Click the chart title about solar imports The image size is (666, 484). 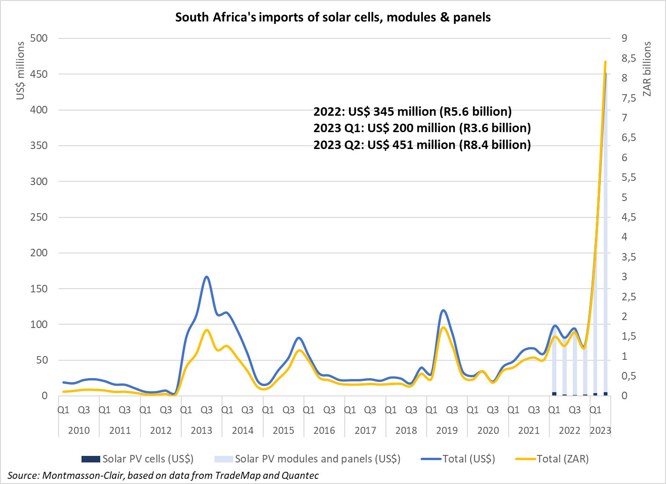pos(333,17)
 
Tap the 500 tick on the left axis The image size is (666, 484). pos(38,38)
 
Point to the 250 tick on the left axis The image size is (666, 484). pos(38,217)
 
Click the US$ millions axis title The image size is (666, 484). pos(20,70)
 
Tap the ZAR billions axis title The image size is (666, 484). pos(647,69)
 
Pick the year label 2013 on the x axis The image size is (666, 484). pos(201,431)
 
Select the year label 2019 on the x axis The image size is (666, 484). pos(447,431)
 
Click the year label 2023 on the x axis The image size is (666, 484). pos(600,431)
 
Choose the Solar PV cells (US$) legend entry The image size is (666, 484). pos(137,459)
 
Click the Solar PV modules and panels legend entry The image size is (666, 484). pos(307,459)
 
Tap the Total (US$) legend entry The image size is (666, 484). pos(458,459)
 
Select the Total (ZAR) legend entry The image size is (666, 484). pos(552,459)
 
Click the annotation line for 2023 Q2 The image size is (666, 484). pos(422,145)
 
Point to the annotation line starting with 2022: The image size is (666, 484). pos(412,112)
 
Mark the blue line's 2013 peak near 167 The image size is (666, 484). pos(207,276)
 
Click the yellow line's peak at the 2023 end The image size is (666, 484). pos(605,61)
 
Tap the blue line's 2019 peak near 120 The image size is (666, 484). pos(443,310)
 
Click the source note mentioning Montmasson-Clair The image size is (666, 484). pos(163,476)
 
